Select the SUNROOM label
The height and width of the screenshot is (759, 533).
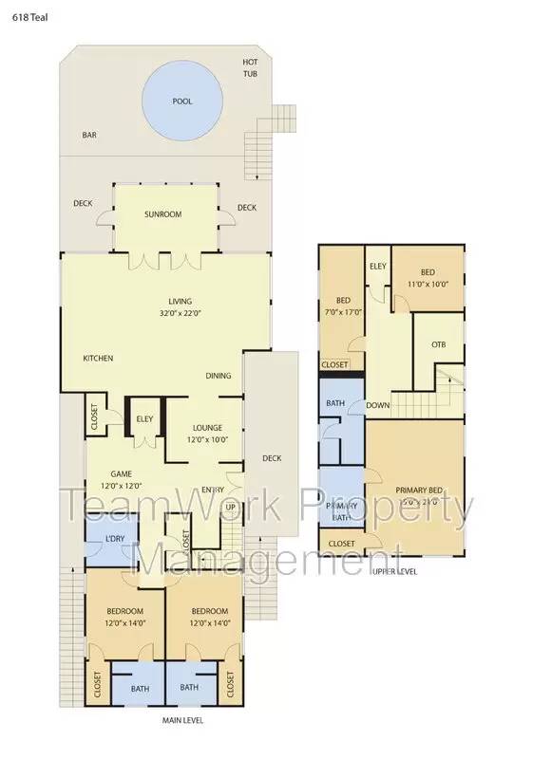click(162, 214)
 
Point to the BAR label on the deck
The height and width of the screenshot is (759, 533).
click(89, 136)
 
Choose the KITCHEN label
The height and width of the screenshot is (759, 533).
click(98, 358)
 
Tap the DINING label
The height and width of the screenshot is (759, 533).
click(219, 376)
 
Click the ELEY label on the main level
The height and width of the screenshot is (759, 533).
click(144, 418)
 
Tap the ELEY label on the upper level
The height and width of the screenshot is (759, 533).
click(377, 265)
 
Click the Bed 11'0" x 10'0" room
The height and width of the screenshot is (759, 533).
click(428, 277)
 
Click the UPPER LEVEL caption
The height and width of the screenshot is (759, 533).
click(394, 571)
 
